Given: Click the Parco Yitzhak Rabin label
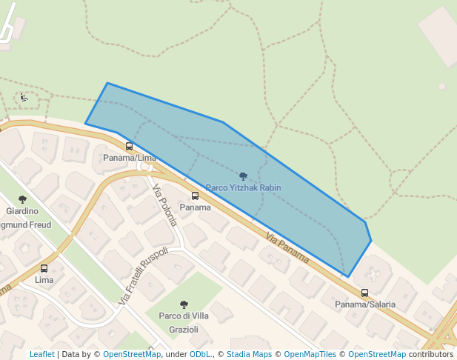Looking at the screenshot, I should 243,188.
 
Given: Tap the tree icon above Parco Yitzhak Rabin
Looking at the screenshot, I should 243,176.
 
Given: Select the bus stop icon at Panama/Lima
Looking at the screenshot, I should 130,147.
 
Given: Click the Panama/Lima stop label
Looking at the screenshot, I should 130,158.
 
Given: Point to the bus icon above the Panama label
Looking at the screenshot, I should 196,196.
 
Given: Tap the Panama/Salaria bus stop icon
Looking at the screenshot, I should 364,293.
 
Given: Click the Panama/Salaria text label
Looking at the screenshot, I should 364,304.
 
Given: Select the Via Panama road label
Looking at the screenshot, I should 287,247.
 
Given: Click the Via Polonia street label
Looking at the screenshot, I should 164,204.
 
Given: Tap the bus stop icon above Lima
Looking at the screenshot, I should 44,269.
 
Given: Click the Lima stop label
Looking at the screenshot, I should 44,280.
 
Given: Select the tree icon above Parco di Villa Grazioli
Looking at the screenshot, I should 184,304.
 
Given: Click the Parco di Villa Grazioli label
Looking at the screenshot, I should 184,322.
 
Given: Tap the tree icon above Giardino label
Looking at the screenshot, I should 22,199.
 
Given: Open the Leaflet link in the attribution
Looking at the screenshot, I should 41,354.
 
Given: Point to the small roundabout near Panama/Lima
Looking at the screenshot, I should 144,165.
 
